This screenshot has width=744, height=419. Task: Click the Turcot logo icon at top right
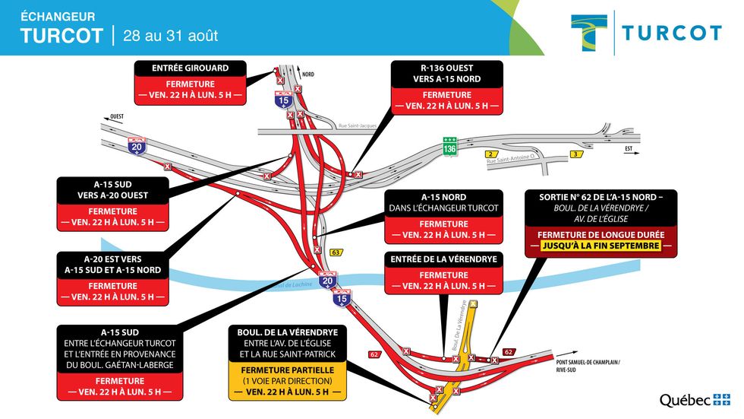coord(589,33)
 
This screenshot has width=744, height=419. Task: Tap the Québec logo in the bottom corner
coord(694,401)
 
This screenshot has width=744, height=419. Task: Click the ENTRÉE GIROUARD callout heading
coord(191,68)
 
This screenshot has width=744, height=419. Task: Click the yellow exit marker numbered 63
coord(336,252)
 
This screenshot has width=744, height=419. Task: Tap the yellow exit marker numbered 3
coord(578,154)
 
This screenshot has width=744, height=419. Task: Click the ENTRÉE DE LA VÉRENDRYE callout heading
coord(443,259)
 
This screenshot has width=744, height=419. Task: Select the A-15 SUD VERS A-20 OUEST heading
coord(112,189)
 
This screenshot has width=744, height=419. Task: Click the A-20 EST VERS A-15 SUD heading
coord(112,264)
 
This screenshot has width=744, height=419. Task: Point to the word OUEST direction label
coord(117,116)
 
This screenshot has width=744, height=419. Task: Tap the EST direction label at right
coord(629,150)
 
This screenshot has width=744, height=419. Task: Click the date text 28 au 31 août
coord(170,36)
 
